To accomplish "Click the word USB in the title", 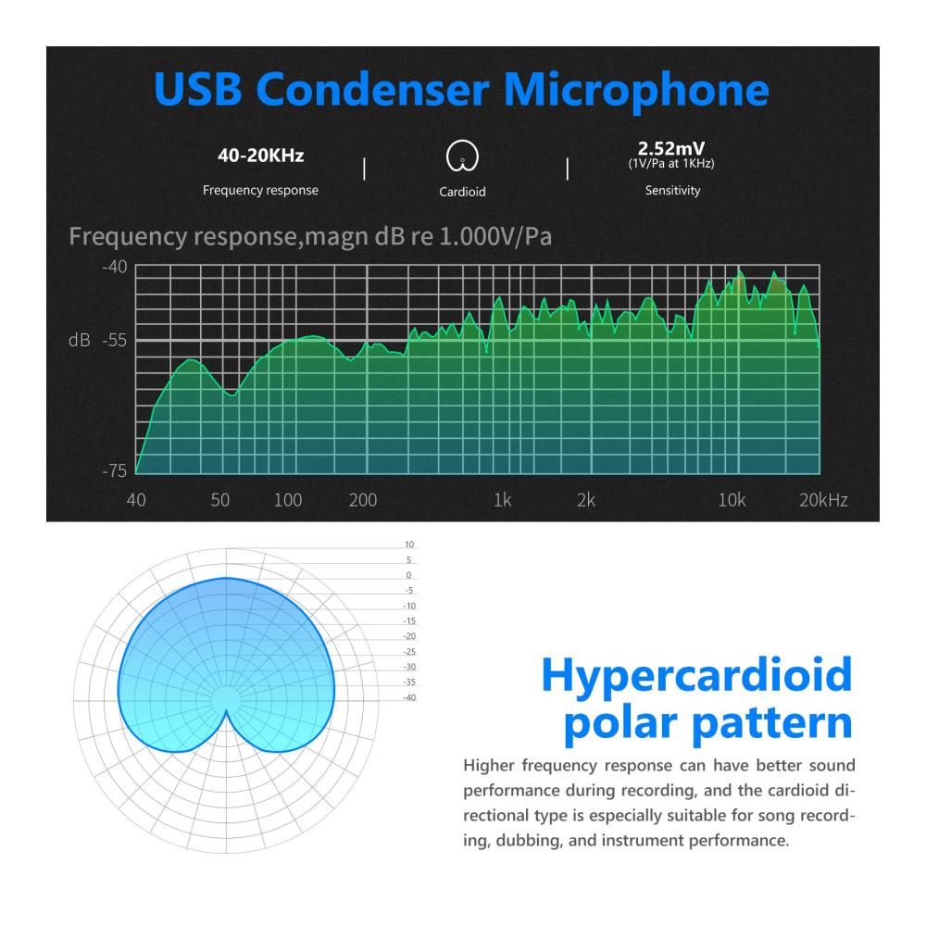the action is coord(198,89).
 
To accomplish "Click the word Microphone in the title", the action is coord(636,89).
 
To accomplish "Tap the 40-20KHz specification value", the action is coord(260,156).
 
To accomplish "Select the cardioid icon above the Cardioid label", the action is coord(462,156).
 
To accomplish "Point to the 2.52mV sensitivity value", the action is coord(670,148).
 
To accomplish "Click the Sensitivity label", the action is coord(672,190).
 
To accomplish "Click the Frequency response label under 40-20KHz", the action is coord(260,190).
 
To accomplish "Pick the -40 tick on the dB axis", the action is coord(115,267).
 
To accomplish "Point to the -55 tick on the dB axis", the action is coord(115,340).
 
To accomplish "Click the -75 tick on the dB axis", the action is coord(115,470).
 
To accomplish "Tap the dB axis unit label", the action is coord(79,340).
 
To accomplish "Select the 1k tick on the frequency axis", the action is coord(503,500).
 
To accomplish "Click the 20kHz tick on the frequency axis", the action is coord(824,500).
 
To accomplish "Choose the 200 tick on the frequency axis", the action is coord(363,500).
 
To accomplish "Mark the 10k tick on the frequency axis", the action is coord(732,500).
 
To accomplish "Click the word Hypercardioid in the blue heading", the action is coord(697,675).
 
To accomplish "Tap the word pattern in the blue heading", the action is coord(772,723).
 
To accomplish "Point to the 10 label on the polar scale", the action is coord(409,544).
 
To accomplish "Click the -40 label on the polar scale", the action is coord(409,697).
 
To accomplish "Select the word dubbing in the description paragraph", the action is coord(529,841).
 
